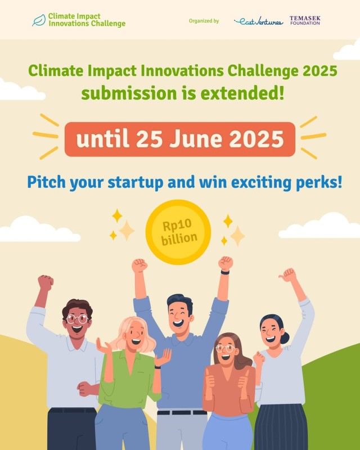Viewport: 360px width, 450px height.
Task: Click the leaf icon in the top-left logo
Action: [39, 20]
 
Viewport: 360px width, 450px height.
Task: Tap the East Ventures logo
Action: [258, 21]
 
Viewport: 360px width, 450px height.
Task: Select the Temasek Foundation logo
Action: [305, 20]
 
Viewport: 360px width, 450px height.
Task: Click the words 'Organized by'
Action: [204, 21]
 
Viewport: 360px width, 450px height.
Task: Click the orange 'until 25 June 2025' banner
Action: [180, 139]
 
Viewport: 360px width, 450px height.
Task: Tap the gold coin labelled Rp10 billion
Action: [178, 232]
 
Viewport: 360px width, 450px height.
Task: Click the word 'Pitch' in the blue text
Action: [46, 182]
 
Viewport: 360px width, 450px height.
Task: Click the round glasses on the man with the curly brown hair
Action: [77, 319]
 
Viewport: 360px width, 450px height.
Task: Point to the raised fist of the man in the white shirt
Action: [46, 283]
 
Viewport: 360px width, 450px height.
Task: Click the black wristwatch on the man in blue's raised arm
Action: [225, 272]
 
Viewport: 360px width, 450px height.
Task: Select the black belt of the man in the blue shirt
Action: [182, 412]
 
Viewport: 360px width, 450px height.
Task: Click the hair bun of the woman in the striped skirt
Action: [285, 338]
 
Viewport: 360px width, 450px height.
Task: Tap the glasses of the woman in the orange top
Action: [226, 348]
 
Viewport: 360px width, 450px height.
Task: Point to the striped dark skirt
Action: [281, 427]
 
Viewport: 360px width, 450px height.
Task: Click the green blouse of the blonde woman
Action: [128, 379]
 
